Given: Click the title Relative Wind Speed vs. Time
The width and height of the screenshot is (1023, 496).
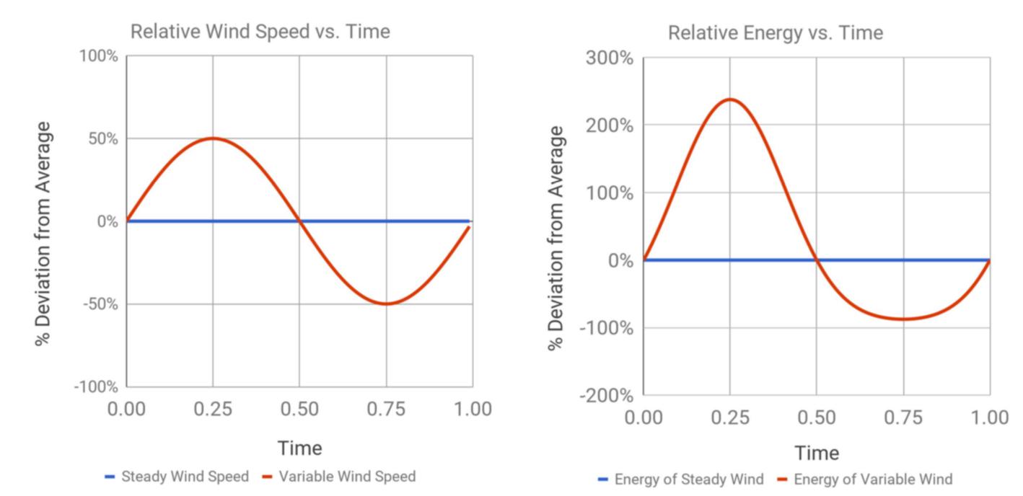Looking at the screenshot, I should [260, 32].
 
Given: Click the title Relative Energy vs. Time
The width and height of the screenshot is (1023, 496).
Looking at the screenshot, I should [775, 33].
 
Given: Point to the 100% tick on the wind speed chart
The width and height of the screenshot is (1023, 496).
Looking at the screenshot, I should [98, 56].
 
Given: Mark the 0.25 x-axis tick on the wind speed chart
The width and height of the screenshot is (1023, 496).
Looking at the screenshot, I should [213, 409].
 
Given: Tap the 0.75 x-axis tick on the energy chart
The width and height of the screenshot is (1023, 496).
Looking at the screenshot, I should [903, 418].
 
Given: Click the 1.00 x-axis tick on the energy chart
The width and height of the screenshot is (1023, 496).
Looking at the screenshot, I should [989, 418].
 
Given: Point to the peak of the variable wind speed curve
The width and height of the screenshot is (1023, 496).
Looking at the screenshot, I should [213, 138].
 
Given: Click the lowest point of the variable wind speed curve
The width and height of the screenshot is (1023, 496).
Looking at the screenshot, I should [387, 304].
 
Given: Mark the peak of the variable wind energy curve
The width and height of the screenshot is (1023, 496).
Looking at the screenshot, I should [730, 99].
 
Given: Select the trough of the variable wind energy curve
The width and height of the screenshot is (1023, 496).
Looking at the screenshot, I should [903, 319].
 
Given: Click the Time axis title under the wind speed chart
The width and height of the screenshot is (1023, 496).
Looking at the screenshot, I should [299, 448].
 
